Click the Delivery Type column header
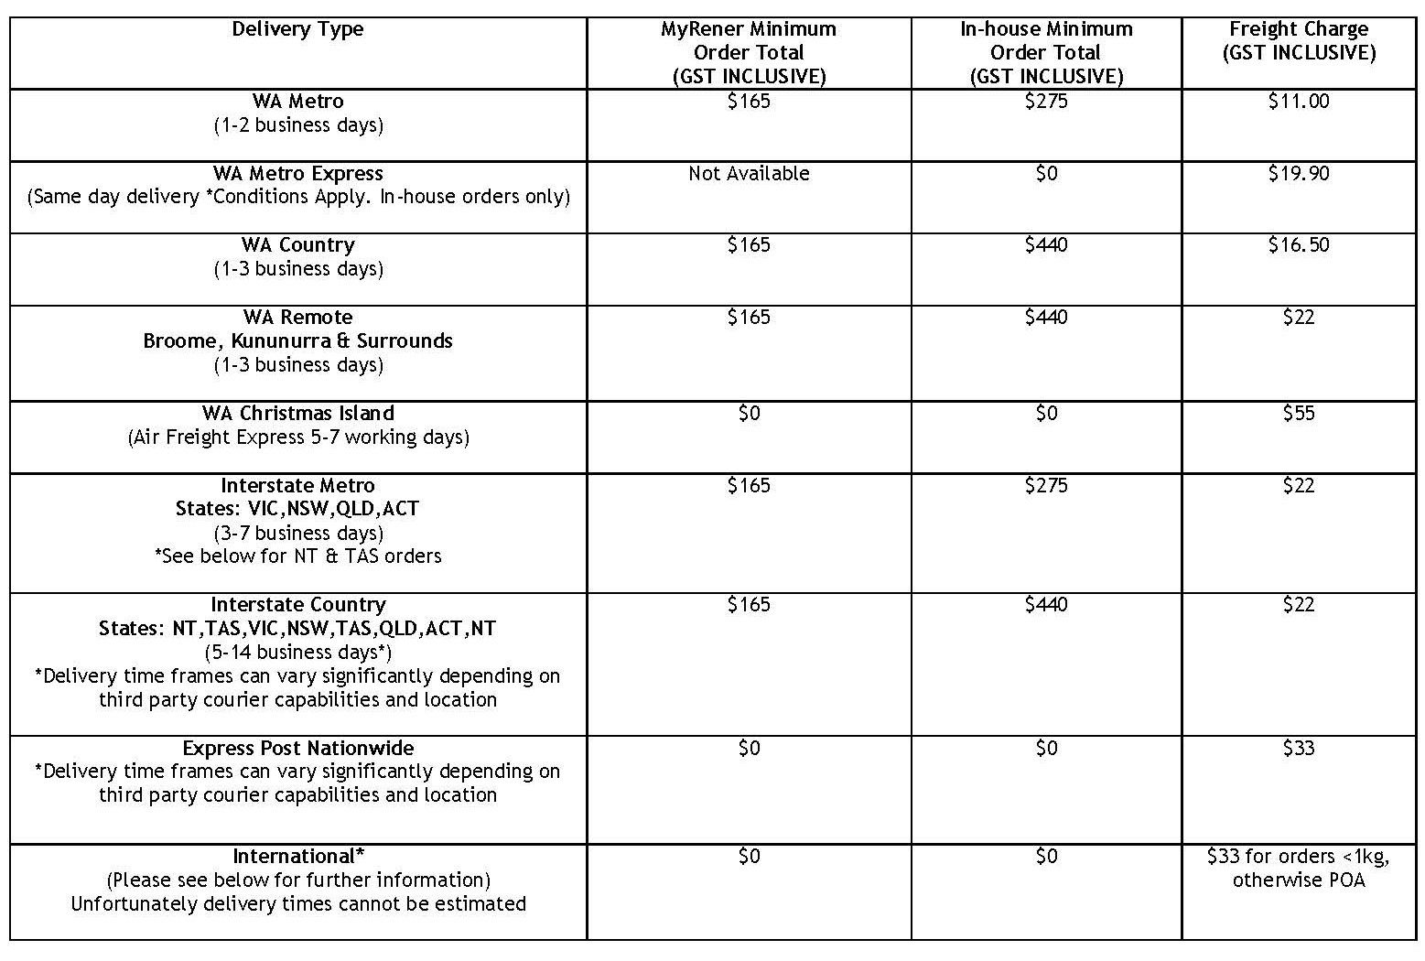[x=297, y=29]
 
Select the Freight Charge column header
[x=1299, y=41]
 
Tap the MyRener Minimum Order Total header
[x=749, y=52]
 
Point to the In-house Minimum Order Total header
[x=1046, y=52]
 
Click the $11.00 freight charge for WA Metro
[x=1299, y=102]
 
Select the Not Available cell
[x=749, y=174]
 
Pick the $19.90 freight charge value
[x=1299, y=174]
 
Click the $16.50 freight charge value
[x=1299, y=245]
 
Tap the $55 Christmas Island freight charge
[x=1299, y=414]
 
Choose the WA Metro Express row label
[x=297, y=174]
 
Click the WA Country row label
[x=297, y=245]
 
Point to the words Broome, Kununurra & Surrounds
[x=297, y=341]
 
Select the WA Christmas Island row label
[x=297, y=414]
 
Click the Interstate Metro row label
[x=297, y=486]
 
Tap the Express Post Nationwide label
[x=297, y=749]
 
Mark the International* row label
[x=297, y=857]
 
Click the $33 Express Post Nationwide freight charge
[x=1299, y=749]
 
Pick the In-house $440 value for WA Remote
[x=1046, y=318]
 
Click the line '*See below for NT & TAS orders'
[x=297, y=556]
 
